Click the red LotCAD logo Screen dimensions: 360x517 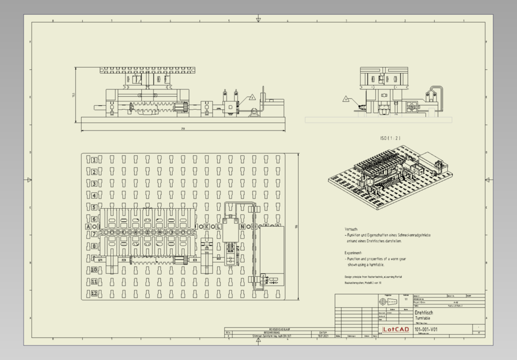(395, 330)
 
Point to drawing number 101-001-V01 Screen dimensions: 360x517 (426, 329)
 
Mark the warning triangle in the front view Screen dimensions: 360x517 (253, 98)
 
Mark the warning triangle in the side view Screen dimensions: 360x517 (346, 99)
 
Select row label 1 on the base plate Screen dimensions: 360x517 (95, 160)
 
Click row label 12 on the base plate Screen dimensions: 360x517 (95, 294)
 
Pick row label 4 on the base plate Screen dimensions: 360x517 (95, 196)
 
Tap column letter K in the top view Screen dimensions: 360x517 (206, 227)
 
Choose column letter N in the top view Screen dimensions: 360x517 (242, 227)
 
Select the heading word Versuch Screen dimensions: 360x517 (351, 229)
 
